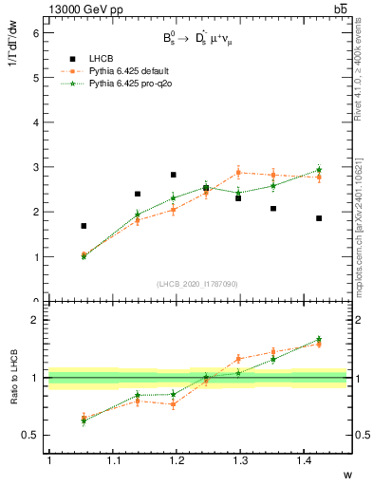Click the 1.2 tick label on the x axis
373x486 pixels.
175,460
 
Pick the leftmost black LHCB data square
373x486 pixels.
84,226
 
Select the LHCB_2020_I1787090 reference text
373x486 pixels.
196,284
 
